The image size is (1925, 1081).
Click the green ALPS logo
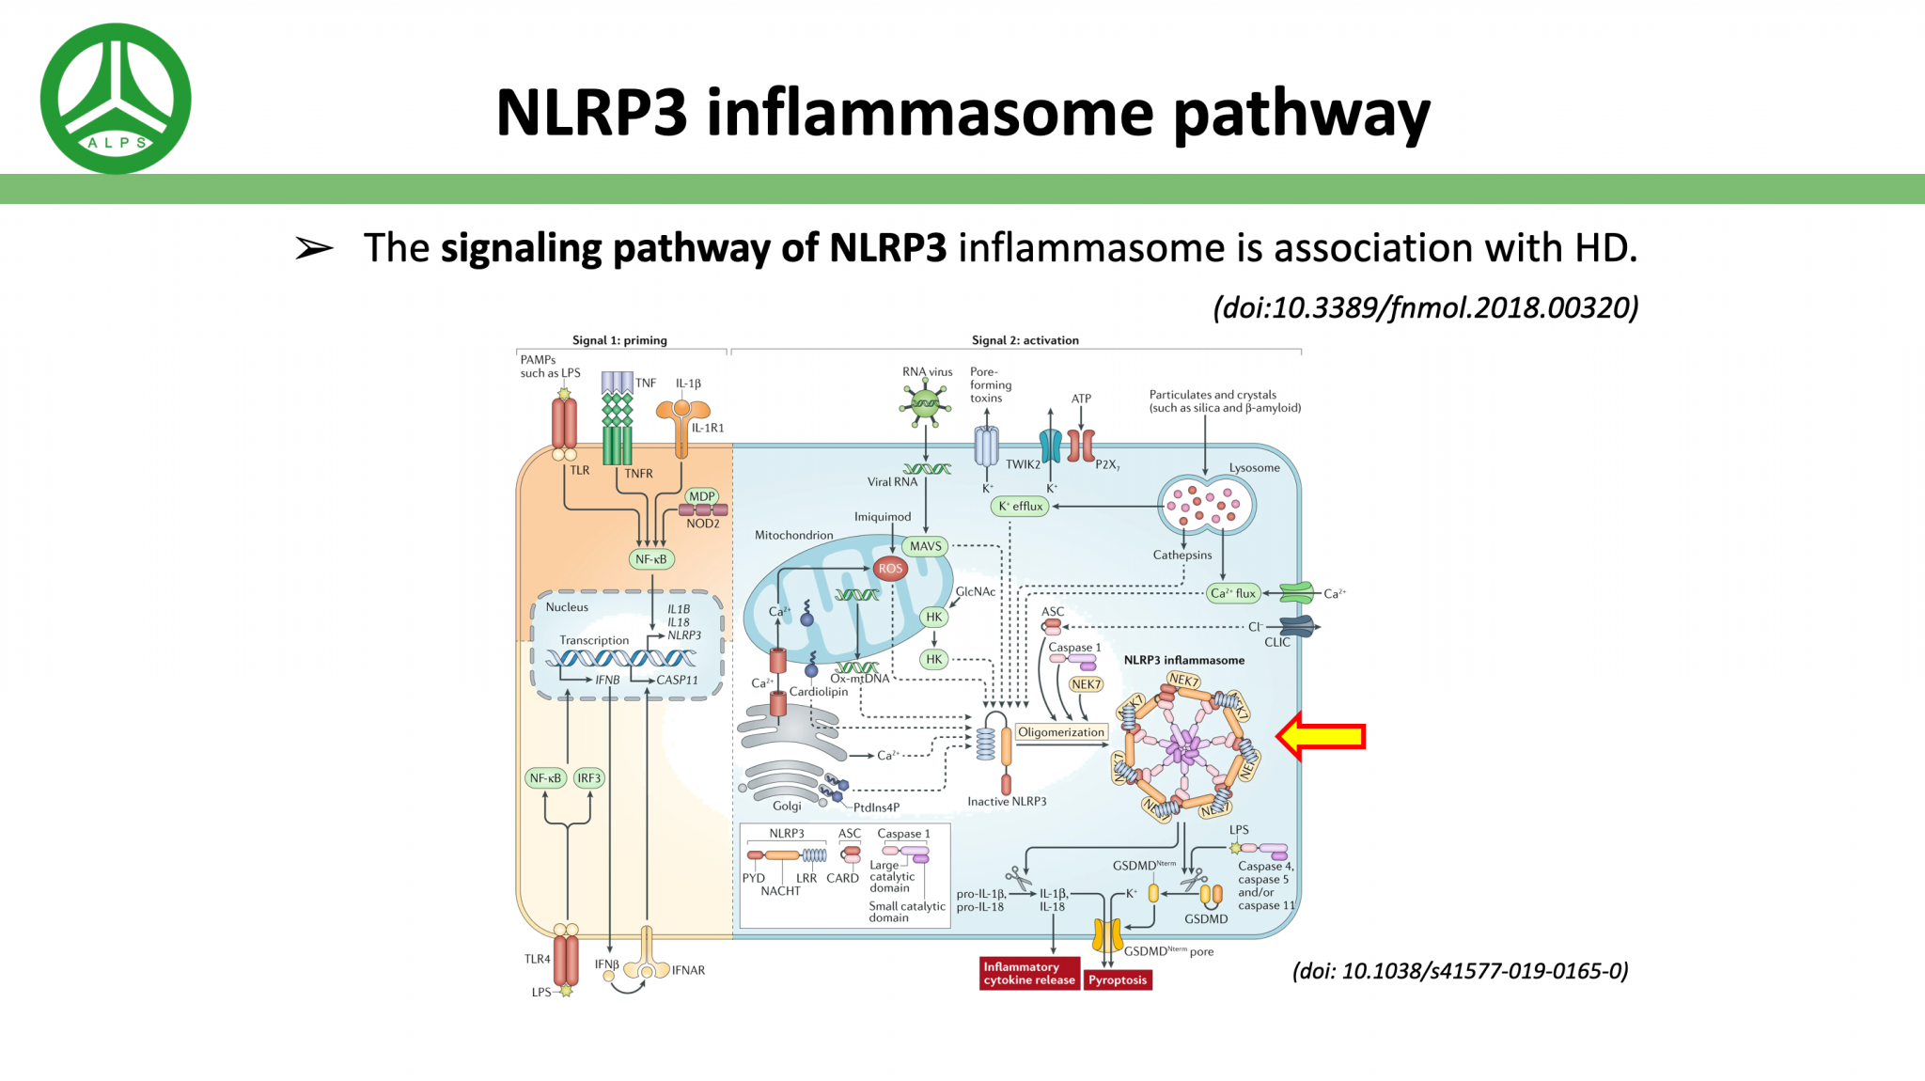(116, 99)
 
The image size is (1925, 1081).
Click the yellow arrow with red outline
(1322, 735)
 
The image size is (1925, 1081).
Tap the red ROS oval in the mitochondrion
(889, 568)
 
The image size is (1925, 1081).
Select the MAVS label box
(925, 546)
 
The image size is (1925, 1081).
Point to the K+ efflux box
(1020, 506)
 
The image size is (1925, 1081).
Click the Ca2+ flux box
(1232, 593)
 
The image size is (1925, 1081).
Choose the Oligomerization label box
(1061, 732)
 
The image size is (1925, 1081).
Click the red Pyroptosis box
(1118, 979)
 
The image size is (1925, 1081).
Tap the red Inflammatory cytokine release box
(1028, 973)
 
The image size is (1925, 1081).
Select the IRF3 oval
(589, 777)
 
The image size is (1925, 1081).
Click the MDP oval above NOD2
(701, 496)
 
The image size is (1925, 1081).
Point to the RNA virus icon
(925, 405)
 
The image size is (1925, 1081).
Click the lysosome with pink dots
(1206, 506)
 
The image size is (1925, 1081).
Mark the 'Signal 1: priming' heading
(619, 340)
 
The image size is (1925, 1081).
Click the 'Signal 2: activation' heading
(1025, 340)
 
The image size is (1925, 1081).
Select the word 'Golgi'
(787, 806)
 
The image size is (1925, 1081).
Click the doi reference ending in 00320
(1425, 307)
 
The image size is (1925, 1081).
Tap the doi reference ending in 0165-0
(1460, 971)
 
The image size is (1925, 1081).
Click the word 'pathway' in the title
(1302, 114)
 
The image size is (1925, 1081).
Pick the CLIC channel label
(1276, 642)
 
